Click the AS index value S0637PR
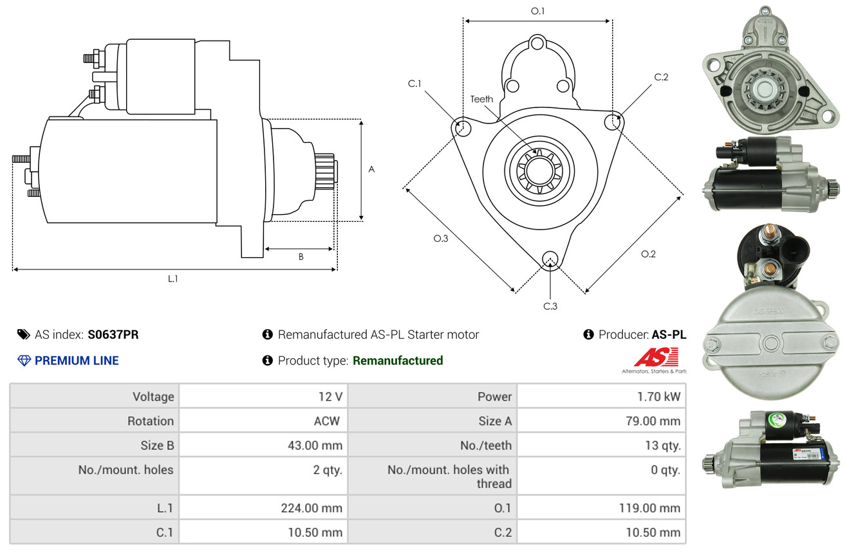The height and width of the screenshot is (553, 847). (113, 334)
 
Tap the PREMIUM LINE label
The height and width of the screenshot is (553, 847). (77, 361)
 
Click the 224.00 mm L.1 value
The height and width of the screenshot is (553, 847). (311, 508)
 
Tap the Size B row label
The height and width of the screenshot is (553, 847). (157, 445)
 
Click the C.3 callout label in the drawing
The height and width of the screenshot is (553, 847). (550, 306)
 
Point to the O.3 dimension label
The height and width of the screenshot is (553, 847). (440, 239)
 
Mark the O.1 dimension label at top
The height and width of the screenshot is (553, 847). (537, 11)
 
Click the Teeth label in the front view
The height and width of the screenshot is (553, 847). (481, 99)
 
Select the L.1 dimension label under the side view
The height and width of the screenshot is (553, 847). (172, 278)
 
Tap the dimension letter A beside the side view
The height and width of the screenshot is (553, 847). (371, 169)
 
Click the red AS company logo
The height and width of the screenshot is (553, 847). (656, 358)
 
